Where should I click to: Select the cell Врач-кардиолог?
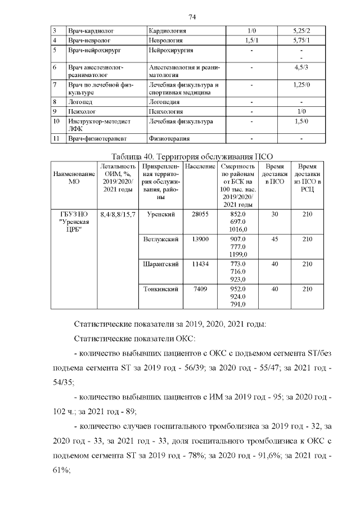88,30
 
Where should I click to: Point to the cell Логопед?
80,102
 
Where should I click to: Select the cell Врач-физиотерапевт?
97,138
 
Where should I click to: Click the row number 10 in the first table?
56,121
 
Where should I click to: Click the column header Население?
200,167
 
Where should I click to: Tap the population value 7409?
200,289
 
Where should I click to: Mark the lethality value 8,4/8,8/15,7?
118,214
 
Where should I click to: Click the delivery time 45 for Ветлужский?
274,239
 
